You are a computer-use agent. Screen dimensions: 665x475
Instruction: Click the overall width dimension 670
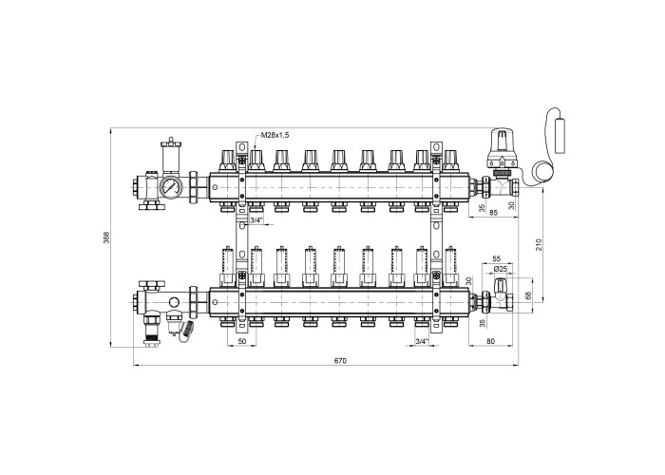340,361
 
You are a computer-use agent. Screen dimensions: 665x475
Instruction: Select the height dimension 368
106,237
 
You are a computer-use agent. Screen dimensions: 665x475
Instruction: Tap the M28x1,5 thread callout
275,135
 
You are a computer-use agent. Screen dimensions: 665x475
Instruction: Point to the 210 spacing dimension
539,245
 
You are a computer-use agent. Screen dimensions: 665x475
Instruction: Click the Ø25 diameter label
501,269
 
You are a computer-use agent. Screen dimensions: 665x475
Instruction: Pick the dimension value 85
493,213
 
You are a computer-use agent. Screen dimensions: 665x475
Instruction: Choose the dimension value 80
491,341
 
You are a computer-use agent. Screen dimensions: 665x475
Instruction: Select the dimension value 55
497,258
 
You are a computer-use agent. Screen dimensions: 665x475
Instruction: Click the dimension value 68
528,295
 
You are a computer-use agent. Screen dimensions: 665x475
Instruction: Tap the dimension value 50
241,341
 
